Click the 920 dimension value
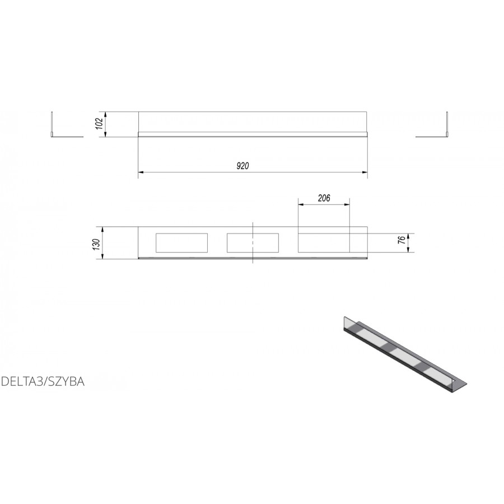tap(243, 166)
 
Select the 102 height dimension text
tap(99, 124)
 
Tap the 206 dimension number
tap(324, 198)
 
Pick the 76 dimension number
tap(402, 240)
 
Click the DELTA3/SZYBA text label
tap(43, 381)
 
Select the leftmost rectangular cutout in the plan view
tap(181, 242)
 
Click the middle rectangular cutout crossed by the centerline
tap(253, 242)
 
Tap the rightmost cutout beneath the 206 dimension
tap(324, 242)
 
